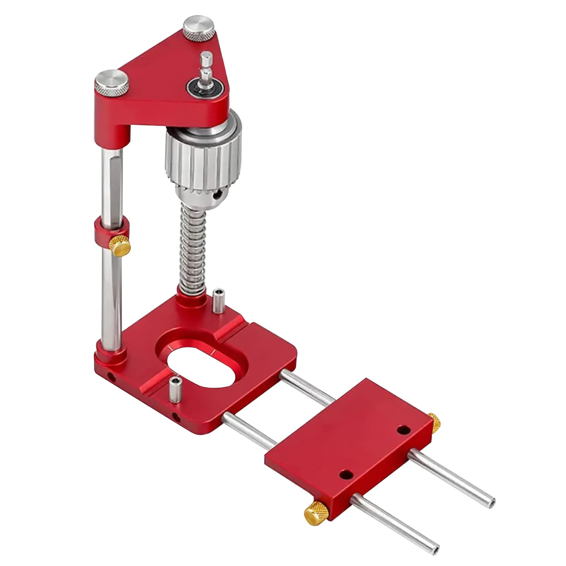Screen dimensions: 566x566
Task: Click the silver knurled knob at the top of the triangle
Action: (200, 29)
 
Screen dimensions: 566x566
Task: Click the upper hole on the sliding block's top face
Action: (402, 430)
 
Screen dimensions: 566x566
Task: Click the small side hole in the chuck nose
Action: (221, 194)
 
